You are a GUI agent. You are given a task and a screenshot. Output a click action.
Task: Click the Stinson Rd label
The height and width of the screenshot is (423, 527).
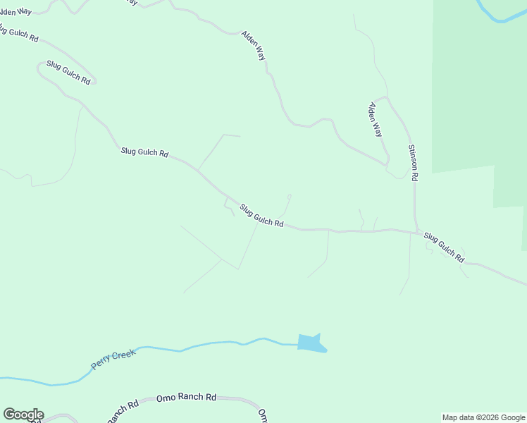[x=413, y=164]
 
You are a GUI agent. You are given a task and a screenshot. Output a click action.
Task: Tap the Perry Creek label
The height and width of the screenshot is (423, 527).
[x=113, y=360]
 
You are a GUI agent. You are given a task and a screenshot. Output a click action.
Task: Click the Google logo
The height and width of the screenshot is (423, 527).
[x=23, y=415]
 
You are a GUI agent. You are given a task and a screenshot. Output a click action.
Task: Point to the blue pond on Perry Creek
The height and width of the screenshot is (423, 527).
[x=310, y=343]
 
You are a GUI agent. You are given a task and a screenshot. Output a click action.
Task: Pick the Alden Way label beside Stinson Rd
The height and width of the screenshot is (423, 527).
[x=376, y=119]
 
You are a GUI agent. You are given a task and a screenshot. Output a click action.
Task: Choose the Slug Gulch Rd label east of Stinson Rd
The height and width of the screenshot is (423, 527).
[x=444, y=247]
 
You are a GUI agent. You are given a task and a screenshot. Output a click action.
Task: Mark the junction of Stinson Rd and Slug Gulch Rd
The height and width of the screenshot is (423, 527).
[x=416, y=232]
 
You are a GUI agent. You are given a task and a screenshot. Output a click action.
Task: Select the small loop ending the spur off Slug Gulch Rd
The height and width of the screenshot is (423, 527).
[x=290, y=197]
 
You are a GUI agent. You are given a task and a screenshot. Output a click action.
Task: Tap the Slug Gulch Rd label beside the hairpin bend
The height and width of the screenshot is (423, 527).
[x=68, y=72]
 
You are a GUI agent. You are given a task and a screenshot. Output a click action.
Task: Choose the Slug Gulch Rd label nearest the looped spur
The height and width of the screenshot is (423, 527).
[x=261, y=216]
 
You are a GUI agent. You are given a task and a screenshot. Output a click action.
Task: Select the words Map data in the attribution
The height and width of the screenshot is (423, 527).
[x=458, y=417]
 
